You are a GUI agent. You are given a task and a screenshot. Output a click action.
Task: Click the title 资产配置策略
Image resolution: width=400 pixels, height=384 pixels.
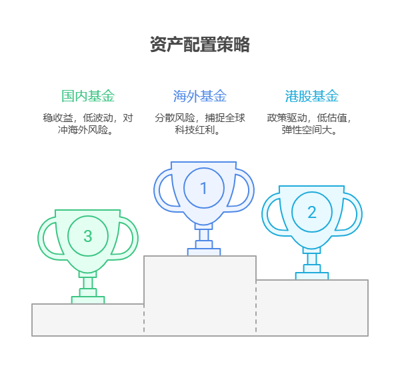(x=200, y=45)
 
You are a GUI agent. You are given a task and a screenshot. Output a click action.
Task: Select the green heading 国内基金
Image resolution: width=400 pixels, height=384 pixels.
(x=88, y=96)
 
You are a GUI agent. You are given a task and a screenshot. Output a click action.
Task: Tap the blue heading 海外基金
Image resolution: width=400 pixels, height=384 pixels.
(x=200, y=96)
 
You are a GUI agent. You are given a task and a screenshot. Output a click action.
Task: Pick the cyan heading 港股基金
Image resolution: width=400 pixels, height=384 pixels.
(x=312, y=96)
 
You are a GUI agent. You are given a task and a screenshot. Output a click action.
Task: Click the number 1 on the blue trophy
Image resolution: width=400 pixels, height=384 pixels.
(x=203, y=188)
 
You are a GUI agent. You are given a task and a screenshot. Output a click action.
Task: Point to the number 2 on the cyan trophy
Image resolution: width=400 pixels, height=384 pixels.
(x=312, y=212)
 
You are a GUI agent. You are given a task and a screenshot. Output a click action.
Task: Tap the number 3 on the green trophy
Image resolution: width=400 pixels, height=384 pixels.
(x=88, y=236)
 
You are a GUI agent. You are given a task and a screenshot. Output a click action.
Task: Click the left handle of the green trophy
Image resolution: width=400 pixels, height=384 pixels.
(x=51, y=238)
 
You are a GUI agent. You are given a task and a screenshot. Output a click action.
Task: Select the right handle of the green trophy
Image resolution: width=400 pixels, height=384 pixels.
(x=125, y=238)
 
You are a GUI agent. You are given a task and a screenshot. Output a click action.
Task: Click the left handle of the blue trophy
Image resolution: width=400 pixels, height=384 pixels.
(x=167, y=191)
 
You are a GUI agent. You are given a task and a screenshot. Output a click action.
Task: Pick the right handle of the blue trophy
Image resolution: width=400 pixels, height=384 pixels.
(x=241, y=191)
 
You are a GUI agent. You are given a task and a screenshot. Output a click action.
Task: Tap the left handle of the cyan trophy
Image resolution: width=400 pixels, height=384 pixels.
(x=275, y=214)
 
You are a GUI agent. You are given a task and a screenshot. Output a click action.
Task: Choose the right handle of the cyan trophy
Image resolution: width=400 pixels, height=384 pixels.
(x=349, y=214)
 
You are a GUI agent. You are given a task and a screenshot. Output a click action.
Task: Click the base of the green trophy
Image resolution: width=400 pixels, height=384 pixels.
(x=88, y=300)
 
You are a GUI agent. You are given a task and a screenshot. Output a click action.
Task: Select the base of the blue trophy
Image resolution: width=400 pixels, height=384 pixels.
(x=204, y=252)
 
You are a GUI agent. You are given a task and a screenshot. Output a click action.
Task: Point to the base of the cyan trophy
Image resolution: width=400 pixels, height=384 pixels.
(x=312, y=276)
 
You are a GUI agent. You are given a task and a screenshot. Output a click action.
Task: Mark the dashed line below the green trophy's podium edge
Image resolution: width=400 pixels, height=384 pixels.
(x=144, y=319)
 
